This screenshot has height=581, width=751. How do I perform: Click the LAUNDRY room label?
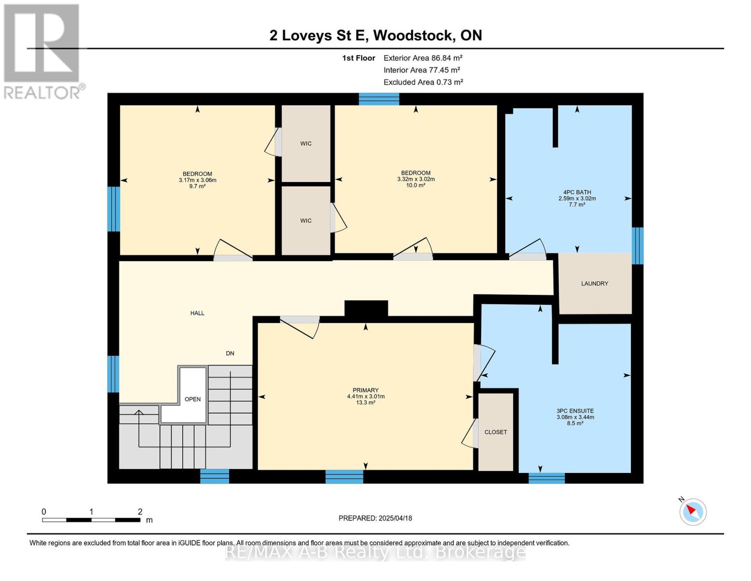[594, 283]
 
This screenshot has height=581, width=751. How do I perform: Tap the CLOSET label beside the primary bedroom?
[496, 432]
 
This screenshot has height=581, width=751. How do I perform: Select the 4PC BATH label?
[577, 192]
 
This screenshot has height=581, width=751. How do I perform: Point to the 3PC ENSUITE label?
[575, 411]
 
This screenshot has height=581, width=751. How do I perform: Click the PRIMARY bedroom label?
[366, 390]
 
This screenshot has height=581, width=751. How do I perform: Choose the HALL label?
[197, 313]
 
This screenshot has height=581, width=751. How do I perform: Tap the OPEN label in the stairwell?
[192, 399]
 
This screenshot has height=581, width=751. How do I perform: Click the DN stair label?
[230, 353]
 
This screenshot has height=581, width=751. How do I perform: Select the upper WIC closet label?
[306, 144]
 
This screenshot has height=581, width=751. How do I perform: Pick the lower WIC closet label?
[306, 221]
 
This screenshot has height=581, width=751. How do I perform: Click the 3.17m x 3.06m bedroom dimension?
[198, 180]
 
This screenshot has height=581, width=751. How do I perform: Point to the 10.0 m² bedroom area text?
[416, 185]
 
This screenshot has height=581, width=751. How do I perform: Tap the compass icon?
[693, 512]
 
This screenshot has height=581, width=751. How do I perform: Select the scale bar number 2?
[140, 511]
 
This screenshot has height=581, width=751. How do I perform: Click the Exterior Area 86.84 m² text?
[423, 58]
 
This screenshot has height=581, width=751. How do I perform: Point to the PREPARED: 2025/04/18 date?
[375, 518]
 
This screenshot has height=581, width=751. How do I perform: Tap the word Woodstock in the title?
[414, 35]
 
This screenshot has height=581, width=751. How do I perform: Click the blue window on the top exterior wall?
[379, 99]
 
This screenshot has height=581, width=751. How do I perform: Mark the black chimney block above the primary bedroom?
[367, 308]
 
